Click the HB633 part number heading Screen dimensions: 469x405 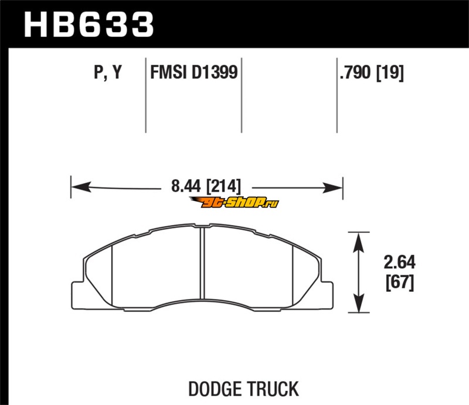89,25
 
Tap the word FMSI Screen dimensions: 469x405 168,72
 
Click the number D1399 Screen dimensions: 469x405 215,72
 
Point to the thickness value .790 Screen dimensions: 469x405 355,73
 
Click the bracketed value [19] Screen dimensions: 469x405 390,73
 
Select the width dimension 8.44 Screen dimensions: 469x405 186,186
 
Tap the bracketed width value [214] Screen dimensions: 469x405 223,186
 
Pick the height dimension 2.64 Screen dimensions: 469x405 400,263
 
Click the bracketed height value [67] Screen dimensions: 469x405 400,282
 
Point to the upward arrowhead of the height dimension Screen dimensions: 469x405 359,242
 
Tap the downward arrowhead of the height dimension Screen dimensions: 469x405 359,302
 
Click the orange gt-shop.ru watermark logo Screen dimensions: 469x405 234,203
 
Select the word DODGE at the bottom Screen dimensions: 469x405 215,389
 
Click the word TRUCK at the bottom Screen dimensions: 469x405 273,389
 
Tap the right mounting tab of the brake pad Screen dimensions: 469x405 327,295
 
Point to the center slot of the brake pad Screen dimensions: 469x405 202,263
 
